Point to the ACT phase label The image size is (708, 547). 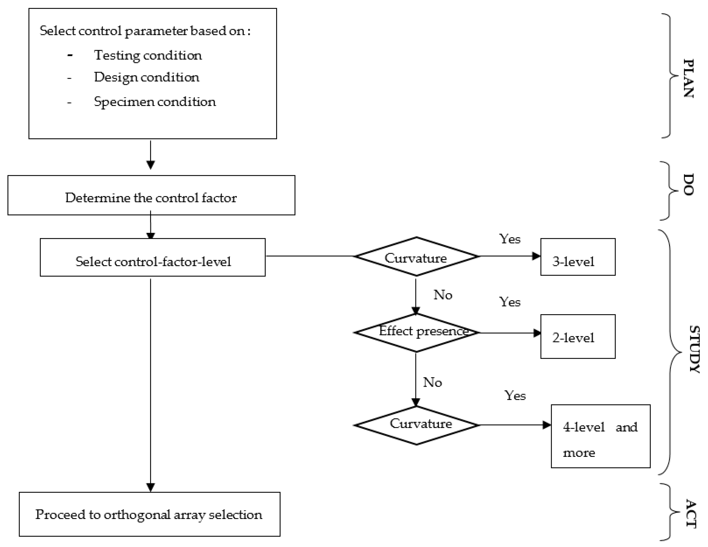[x=691, y=514]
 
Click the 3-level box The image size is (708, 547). [x=578, y=257]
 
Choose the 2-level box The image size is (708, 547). [x=578, y=336]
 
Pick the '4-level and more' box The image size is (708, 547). [x=600, y=436]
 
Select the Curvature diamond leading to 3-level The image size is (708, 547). [x=417, y=257]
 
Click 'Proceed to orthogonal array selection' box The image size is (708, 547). [x=149, y=514]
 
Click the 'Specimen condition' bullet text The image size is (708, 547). [x=155, y=102]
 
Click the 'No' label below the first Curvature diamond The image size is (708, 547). [x=443, y=295]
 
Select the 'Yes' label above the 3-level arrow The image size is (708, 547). [x=510, y=239]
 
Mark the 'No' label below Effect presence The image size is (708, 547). [x=432, y=382]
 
